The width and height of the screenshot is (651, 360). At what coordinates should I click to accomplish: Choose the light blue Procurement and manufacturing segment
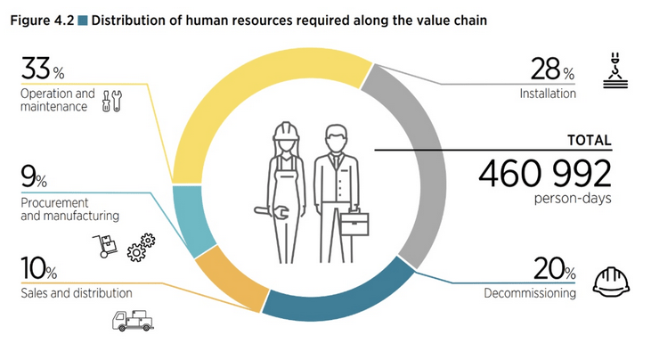point(191,217)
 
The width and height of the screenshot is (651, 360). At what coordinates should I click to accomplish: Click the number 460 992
point(544,172)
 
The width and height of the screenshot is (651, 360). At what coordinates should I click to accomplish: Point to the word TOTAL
point(589,140)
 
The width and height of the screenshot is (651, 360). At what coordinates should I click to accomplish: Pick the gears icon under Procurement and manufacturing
point(141,247)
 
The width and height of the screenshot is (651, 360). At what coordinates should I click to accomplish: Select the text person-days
point(577,198)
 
